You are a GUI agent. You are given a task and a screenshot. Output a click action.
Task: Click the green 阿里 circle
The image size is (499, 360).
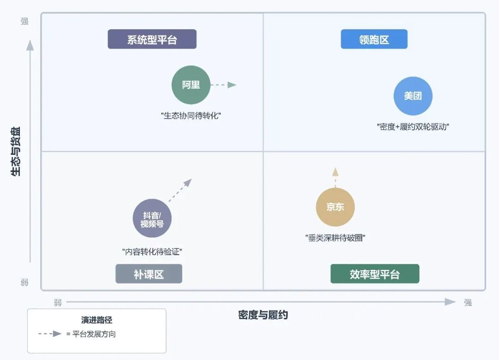click(x=191, y=85)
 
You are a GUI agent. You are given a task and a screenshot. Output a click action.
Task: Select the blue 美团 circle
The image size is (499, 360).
click(x=413, y=96)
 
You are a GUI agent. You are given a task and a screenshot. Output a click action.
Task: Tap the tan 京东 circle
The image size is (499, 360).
click(x=335, y=207)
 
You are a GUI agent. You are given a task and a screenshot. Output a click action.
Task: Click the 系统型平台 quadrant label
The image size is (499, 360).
click(x=152, y=39)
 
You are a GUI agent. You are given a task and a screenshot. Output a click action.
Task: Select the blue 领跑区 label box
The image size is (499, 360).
click(x=374, y=39)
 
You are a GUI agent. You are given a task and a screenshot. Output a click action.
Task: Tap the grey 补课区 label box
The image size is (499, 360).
click(x=149, y=274)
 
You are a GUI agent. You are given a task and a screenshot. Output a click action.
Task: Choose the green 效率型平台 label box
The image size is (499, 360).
click(x=375, y=274)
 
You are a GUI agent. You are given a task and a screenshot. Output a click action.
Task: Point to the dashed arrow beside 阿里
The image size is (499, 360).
click(x=223, y=85)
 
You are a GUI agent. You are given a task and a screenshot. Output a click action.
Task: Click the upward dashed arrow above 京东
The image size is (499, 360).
click(x=335, y=177)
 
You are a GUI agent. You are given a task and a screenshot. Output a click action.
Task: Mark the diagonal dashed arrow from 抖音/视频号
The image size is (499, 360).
click(x=180, y=190)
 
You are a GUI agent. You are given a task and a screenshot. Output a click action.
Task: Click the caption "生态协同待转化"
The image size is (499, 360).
click(x=191, y=116)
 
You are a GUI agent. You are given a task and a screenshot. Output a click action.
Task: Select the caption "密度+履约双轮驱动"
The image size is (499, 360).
click(x=413, y=127)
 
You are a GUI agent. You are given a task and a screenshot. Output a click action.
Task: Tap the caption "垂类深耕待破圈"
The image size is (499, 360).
click(x=335, y=238)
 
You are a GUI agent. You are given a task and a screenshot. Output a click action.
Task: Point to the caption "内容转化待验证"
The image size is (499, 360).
click(x=152, y=252)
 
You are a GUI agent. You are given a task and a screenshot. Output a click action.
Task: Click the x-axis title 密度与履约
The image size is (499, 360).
click(x=263, y=315)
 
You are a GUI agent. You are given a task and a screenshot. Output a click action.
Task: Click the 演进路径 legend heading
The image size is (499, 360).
click(x=97, y=320)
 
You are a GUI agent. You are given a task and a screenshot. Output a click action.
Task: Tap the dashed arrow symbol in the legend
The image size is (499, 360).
click(x=50, y=334)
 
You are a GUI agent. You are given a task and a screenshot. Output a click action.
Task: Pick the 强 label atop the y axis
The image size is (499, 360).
click(x=24, y=21)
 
